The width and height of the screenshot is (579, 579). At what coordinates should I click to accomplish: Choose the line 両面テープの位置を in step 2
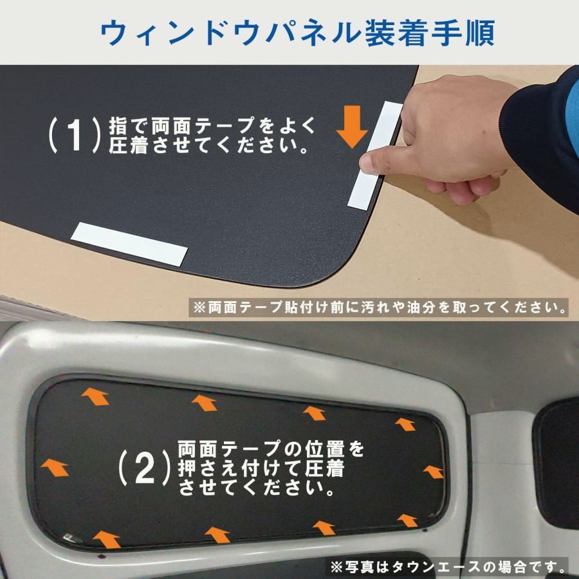(270, 447)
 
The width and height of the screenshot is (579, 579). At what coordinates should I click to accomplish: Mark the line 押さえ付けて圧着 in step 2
(261, 468)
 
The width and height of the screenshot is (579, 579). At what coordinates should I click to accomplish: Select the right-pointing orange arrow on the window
(433, 472)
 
